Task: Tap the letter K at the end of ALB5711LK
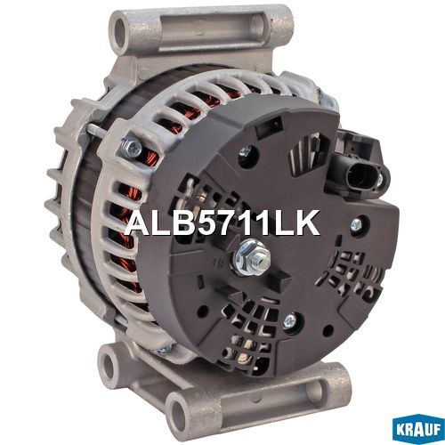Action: coord(306,222)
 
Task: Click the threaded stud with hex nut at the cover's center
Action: coord(253,258)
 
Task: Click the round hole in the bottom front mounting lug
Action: coord(180,413)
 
